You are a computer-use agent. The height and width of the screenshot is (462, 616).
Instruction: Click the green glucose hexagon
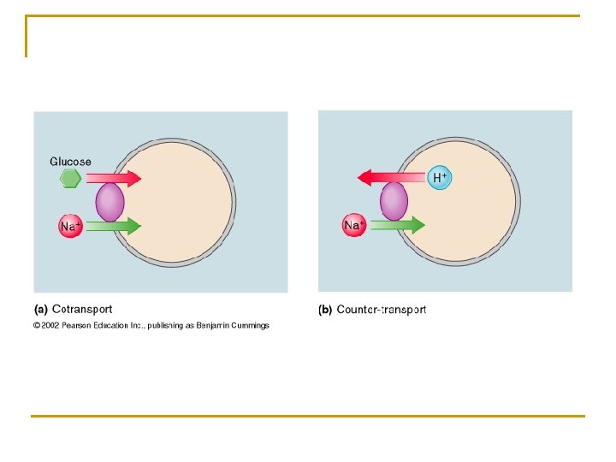(x=71, y=179)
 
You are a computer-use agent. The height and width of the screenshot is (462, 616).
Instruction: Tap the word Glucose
(x=70, y=162)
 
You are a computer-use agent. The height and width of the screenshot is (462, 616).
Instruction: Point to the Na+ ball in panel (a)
(x=70, y=227)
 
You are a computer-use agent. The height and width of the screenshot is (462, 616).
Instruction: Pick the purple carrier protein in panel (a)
(x=110, y=204)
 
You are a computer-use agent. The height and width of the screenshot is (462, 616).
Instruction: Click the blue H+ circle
(x=440, y=178)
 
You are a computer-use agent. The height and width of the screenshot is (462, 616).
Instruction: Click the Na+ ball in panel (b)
(x=354, y=225)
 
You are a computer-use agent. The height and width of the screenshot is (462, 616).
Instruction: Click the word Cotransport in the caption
(x=82, y=310)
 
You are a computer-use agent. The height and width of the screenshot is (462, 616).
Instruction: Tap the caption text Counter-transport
(x=382, y=310)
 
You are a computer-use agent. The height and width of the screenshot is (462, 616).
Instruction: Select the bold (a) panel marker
(x=40, y=310)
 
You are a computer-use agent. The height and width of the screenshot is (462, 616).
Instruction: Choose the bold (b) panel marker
(x=325, y=310)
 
